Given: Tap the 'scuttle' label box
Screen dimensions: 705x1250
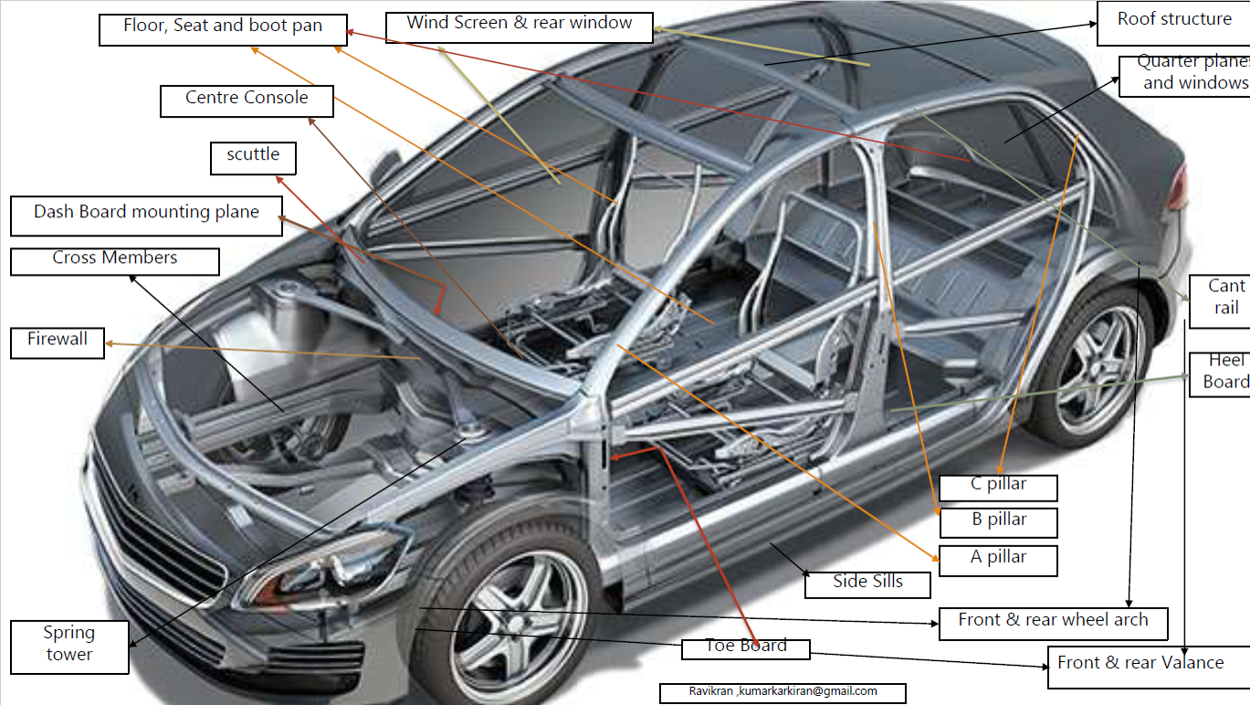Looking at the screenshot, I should pyautogui.click(x=253, y=157).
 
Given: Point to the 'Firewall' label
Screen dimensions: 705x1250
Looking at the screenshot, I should pyautogui.click(x=58, y=342).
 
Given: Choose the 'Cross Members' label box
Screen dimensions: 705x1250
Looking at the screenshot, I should pyautogui.click(x=115, y=261).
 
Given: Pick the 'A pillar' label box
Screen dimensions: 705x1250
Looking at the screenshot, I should pyautogui.click(x=998, y=559).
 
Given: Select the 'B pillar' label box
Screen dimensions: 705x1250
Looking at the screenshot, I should pyautogui.click(x=998, y=521).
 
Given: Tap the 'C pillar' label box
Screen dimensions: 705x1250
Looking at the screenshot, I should pyautogui.click(x=998, y=487).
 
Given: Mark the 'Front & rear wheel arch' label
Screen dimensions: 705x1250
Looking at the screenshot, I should pyautogui.click(x=1053, y=622).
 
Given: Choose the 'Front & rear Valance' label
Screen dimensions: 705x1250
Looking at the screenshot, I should pyautogui.click(x=1141, y=665).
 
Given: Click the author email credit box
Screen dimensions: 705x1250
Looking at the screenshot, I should pyautogui.click(x=783, y=692).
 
